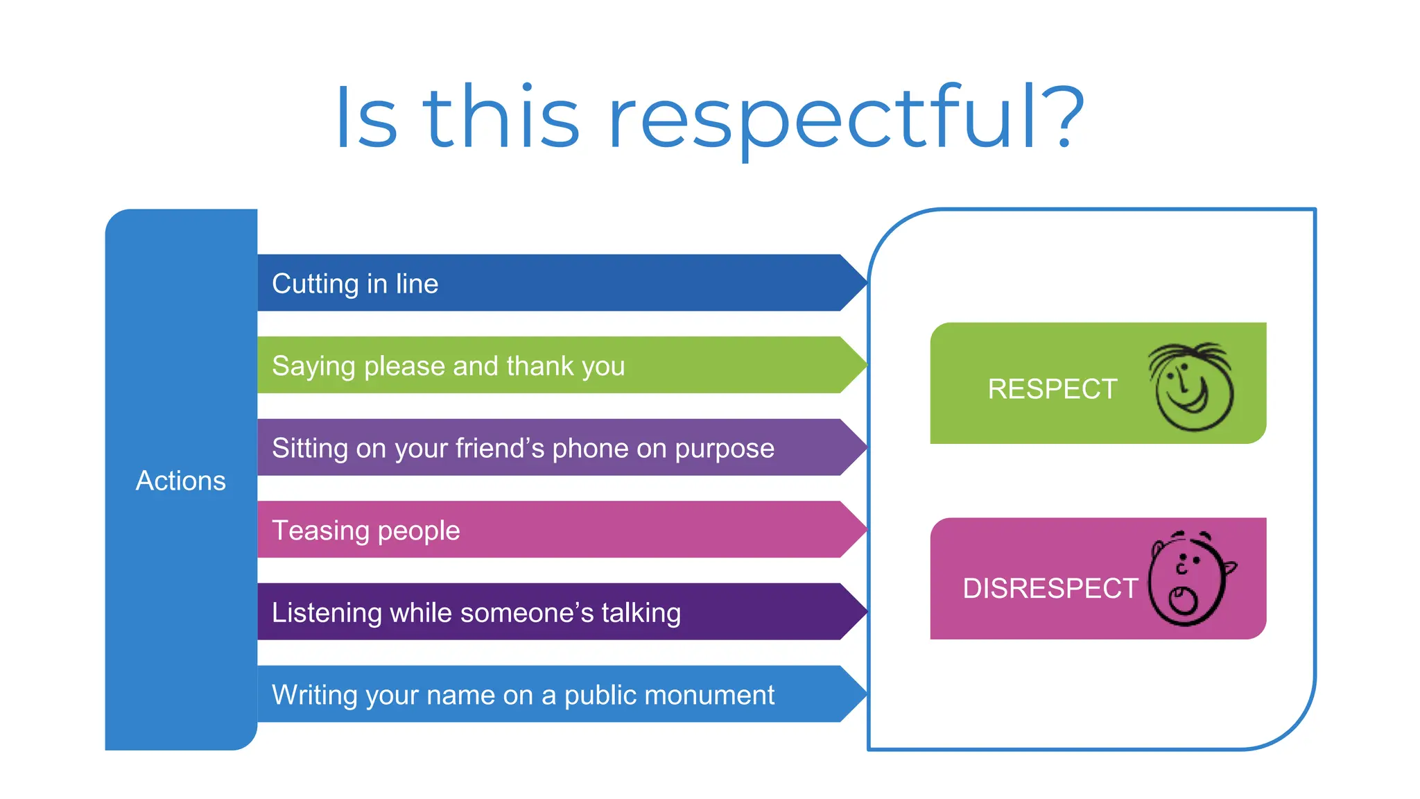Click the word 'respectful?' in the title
click(x=846, y=118)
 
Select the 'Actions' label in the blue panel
click(x=181, y=481)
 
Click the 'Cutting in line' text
click(x=355, y=284)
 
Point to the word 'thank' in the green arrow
click(x=539, y=366)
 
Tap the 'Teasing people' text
click(x=366, y=531)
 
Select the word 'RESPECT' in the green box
click(x=1053, y=389)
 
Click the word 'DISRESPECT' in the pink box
click(x=1050, y=589)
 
